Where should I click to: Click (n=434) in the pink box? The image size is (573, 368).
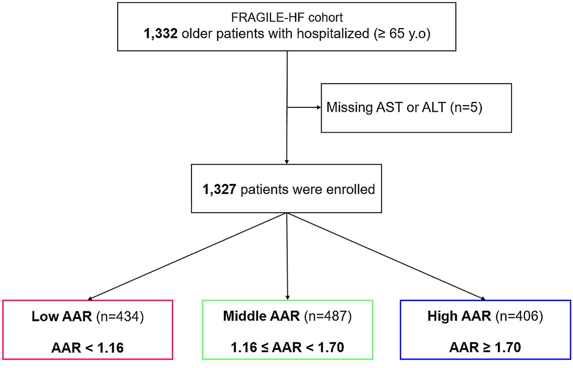click(x=119, y=316)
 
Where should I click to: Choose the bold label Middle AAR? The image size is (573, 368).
click(x=261, y=316)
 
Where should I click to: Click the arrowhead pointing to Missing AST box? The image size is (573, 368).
click(x=319, y=107)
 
